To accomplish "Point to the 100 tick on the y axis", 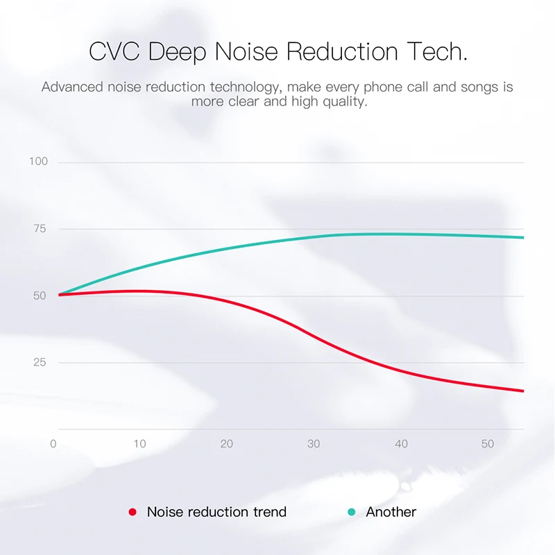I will coord(38,162).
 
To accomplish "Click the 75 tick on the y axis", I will coord(40,229).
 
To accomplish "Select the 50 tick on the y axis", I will coord(40,296).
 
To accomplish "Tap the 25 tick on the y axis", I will coord(40,362).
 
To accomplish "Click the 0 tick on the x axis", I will coord(53,444).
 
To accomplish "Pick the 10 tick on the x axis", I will coord(140,444).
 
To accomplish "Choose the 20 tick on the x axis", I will coord(227,444).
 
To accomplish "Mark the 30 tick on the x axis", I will coord(314,444).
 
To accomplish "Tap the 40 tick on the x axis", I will coord(401,444).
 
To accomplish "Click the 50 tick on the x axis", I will coord(488,444).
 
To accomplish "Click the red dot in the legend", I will coord(133,513).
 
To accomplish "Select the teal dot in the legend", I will coord(351,513).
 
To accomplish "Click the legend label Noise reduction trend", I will coord(216,513).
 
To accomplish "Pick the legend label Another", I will coord(391,513).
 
